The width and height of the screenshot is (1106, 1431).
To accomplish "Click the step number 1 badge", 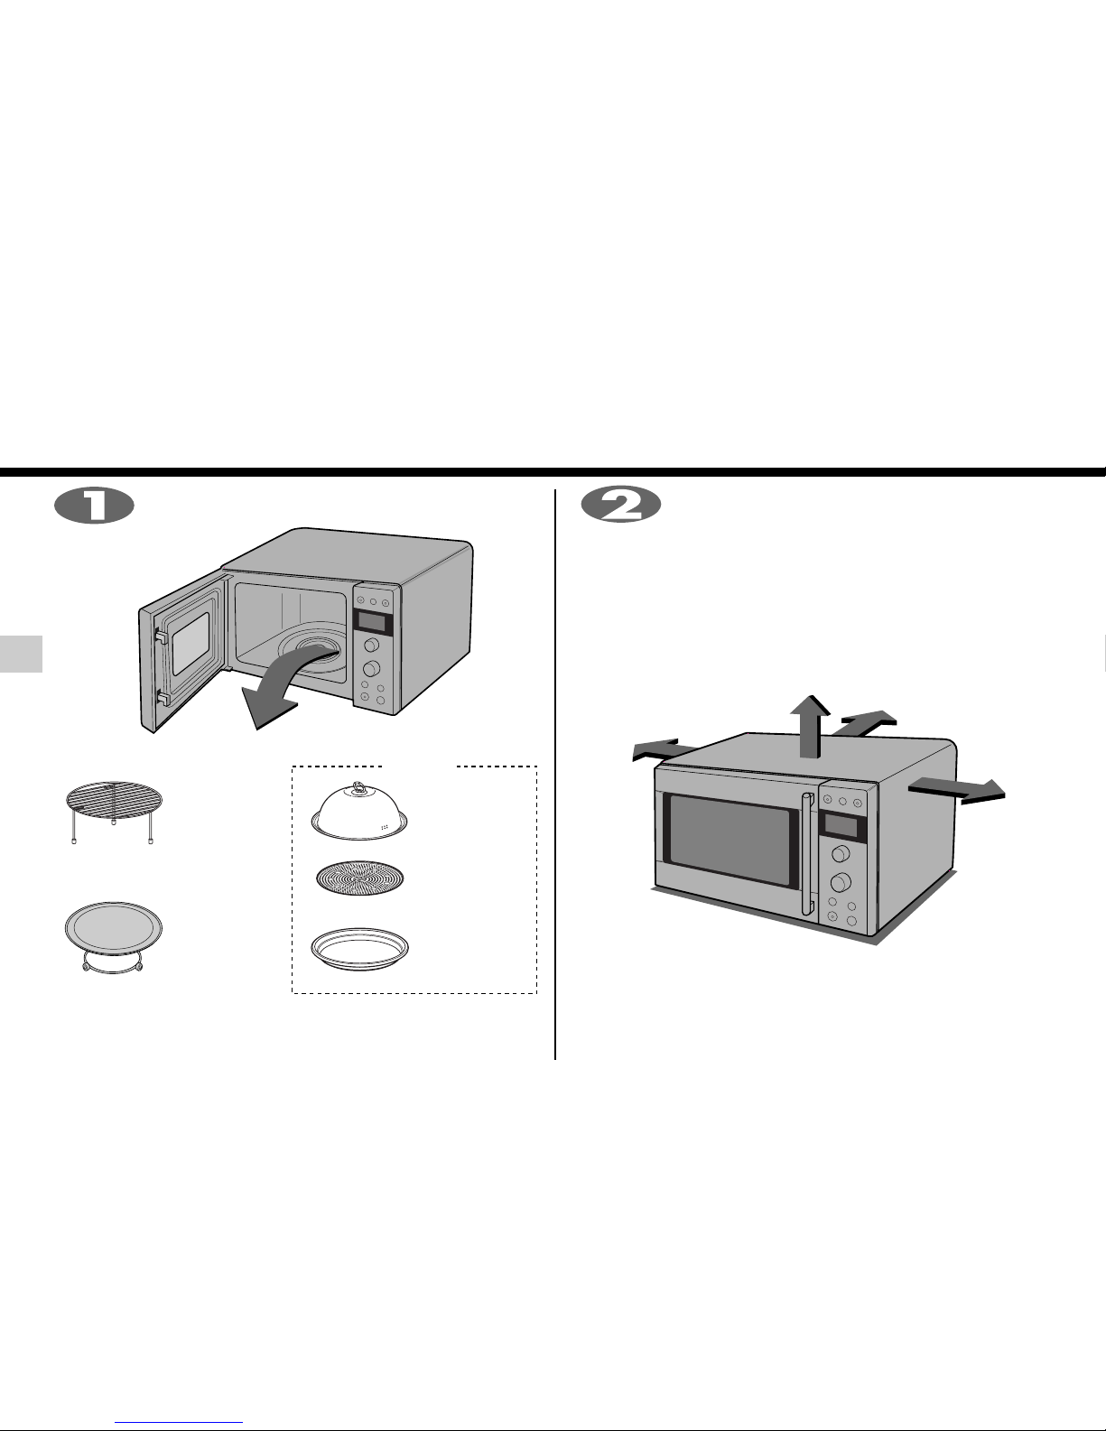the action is coord(94,505).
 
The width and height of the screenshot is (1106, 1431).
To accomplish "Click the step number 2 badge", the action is coord(621,505).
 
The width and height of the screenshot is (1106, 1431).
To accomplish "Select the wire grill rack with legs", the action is coord(114,812).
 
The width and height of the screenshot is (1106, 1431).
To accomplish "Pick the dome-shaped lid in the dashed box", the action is coord(359,812).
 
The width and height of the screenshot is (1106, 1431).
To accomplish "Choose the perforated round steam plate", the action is coord(359,878).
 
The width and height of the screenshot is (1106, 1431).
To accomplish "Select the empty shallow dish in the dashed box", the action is coord(359,949).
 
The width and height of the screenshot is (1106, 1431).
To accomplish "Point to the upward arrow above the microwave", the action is coord(811,726).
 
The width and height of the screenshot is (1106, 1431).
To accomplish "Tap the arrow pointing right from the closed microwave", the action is coord(957,789).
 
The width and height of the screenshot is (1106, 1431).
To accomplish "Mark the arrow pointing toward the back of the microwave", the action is coord(868,721).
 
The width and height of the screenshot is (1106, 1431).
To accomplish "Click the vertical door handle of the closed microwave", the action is coord(808,854).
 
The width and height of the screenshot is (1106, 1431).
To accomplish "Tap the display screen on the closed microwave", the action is coord(840,826).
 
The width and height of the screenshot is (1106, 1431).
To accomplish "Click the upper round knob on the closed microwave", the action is coord(841,854).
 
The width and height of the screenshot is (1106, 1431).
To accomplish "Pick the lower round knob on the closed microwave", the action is coord(841,882).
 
